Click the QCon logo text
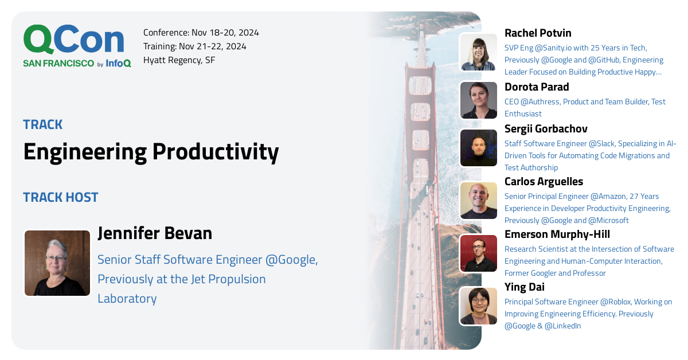pyautogui.click(x=73, y=40)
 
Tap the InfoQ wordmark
pyautogui.click(x=118, y=64)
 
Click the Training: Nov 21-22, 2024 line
pyautogui.click(x=194, y=46)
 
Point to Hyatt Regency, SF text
pyautogui.click(x=179, y=60)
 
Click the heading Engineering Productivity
pyautogui.click(x=151, y=152)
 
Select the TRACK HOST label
pyautogui.click(x=61, y=198)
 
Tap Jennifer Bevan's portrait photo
pyautogui.click(x=57, y=263)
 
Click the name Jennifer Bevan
pyautogui.click(x=155, y=233)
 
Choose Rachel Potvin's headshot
pyautogui.click(x=479, y=52)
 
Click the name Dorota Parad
pyautogui.click(x=537, y=87)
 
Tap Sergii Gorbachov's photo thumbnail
pyautogui.click(x=479, y=148)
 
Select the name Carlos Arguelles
pyautogui.click(x=544, y=182)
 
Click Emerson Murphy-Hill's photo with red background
pyautogui.click(x=479, y=253)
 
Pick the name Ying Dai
pyautogui.click(x=524, y=287)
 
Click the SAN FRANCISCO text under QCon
pyautogui.click(x=58, y=64)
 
